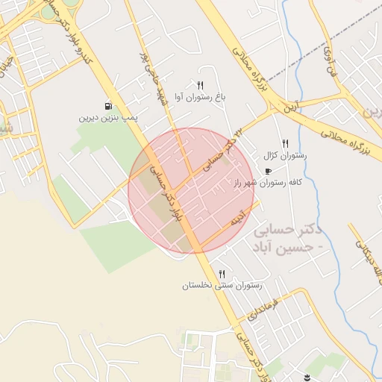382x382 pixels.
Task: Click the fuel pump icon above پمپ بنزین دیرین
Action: tap(109, 106)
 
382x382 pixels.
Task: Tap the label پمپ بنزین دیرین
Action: tap(109, 118)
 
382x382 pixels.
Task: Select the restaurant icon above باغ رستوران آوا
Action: tap(200, 85)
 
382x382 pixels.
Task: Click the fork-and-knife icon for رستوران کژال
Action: tap(285, 143)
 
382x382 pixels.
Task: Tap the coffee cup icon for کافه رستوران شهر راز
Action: tap(269, 171)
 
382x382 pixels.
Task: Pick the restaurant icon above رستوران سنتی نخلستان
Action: tap(222, 274)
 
